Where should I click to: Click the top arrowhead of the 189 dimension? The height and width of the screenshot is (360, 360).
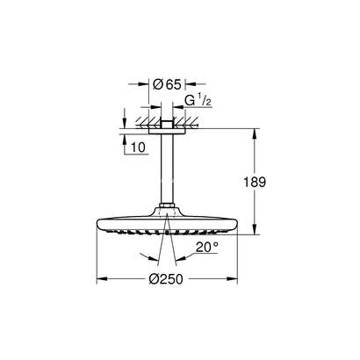(256, 134)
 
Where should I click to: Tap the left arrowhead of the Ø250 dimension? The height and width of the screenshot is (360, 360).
(99, 279)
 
